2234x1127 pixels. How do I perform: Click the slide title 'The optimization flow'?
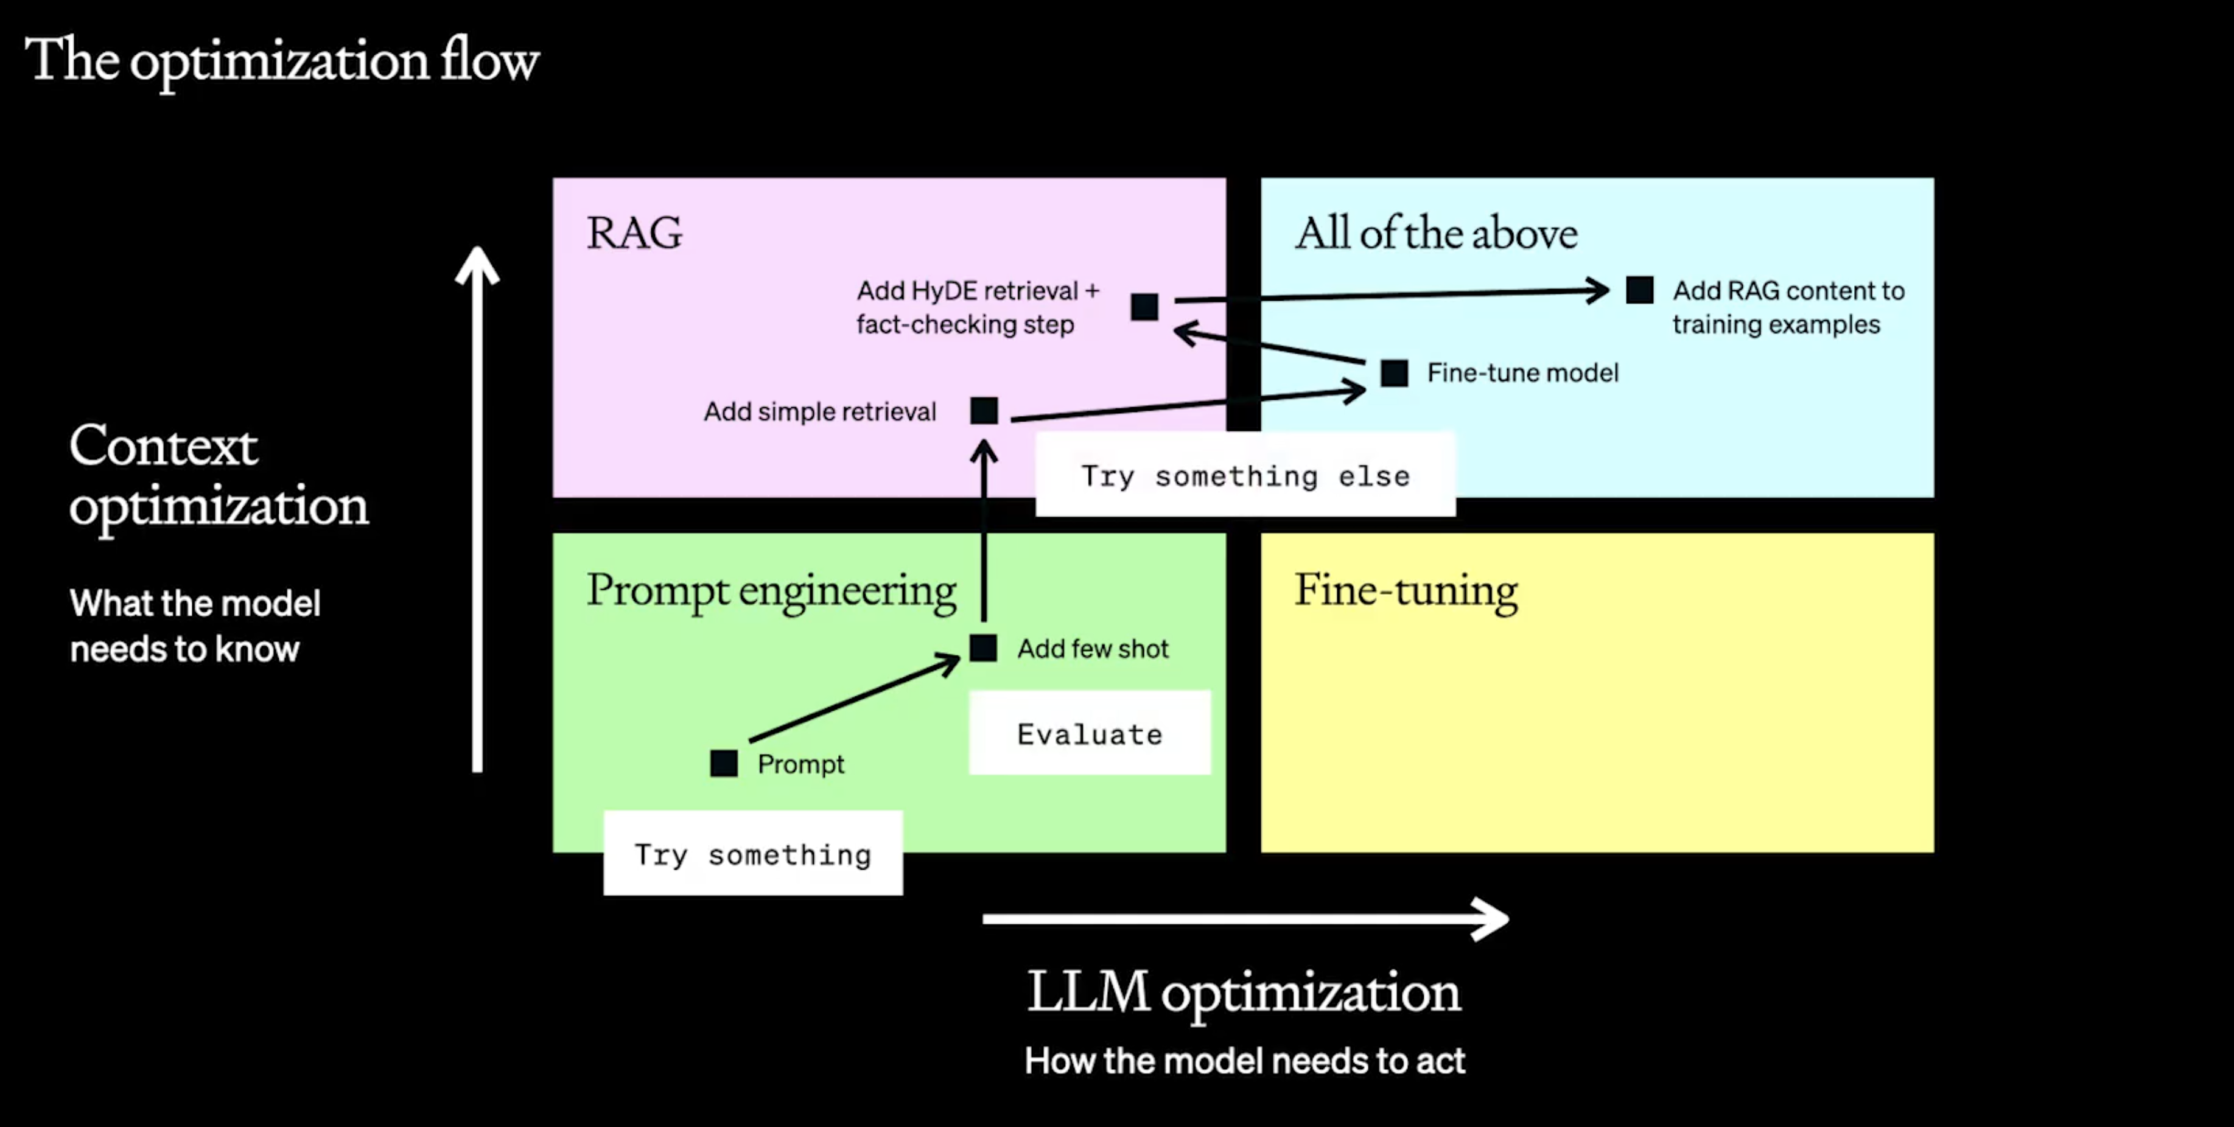(282, 61)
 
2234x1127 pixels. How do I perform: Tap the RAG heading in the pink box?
(634, 232)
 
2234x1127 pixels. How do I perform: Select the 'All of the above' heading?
(1436, 232)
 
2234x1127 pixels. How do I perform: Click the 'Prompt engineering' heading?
(771, 590)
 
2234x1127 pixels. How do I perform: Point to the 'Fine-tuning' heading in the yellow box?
(1406, 590)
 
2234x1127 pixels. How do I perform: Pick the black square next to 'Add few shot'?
(982, 647)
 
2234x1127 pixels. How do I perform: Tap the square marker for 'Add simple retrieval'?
(984, 410)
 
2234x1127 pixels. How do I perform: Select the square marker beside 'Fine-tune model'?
(1393, 373)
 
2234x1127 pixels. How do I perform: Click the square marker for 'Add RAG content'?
(1639, 290)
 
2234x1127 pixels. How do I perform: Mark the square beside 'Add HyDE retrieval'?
(1144, 306)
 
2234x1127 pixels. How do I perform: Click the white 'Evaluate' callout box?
(1089, 733)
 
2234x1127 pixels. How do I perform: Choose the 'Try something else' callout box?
(1245, 475)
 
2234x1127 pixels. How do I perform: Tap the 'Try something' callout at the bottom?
(753, 853)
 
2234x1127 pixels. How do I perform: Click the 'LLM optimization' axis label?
(1244, 992)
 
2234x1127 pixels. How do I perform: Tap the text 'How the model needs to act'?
(1244, 1060)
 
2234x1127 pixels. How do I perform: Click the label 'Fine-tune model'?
(1522, 373)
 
